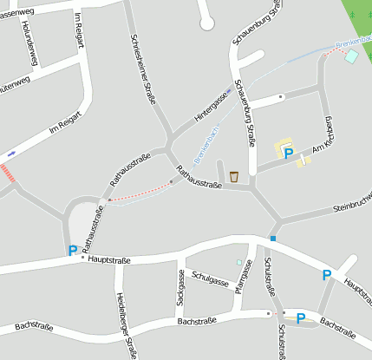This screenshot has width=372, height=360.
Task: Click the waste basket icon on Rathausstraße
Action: pos(234,177)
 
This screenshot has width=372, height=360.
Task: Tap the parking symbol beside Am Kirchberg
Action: pos(288,154)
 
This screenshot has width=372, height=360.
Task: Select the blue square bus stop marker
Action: pos(273,239)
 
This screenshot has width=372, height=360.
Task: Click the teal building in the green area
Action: pos(351,56)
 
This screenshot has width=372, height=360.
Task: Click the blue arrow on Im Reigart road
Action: pos(11,153)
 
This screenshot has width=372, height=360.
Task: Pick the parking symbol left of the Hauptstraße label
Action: pos(72,252)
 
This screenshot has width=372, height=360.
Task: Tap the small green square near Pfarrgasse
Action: pos(239,262)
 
